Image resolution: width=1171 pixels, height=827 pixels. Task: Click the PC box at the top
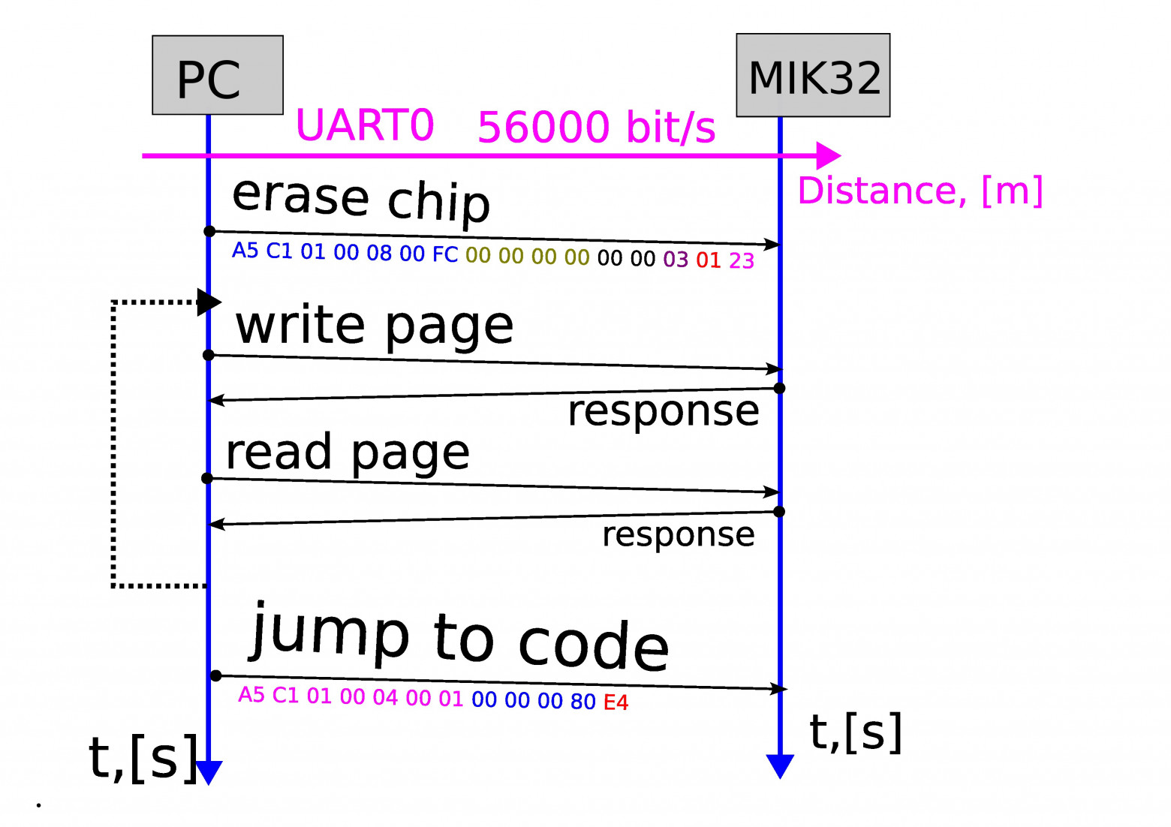[217, 75]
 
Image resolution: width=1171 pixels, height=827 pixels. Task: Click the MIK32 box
[813, 75]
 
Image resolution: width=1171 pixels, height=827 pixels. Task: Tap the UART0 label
[365, 125]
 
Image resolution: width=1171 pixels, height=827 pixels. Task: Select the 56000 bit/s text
[596, 127]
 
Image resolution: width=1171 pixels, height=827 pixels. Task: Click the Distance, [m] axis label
[920, 191]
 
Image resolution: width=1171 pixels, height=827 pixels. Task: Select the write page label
[375, 326]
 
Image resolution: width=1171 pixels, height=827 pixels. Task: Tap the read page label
[348, 453]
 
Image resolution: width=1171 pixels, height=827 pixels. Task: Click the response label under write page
[664, 411]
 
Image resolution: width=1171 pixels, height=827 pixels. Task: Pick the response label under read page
[679, 534]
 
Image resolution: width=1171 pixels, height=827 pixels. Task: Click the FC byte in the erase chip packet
[445, 254]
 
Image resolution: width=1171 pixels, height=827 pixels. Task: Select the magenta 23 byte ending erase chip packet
[742, 260]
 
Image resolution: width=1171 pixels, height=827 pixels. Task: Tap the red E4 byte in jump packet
[616, 702]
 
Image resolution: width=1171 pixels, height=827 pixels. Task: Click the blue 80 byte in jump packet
[582, 701]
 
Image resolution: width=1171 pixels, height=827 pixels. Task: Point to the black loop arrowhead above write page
[209, 302]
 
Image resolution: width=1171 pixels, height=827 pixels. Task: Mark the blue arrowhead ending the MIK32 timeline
[780, 765]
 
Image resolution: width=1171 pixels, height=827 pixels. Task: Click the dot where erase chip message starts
[209, 231]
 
